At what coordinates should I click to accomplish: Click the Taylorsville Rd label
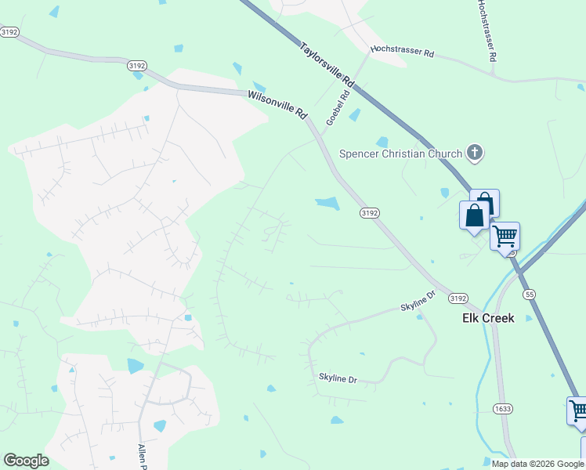point(327,64)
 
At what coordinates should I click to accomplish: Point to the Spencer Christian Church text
point(400,154)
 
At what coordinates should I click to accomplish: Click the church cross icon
point(474,154)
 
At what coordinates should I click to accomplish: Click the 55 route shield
point(530,294)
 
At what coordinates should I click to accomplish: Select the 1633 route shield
point(503,408)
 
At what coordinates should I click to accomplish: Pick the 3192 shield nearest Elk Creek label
point(459,298)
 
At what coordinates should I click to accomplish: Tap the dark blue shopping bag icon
point(475,215)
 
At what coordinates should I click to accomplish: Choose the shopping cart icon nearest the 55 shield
point(505,235)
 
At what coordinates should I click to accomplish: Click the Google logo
point(26,461)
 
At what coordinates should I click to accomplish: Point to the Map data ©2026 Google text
point(537,463)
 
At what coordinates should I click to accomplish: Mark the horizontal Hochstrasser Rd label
point(402,51)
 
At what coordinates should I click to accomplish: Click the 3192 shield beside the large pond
point(370,213)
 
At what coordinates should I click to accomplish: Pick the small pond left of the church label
point(382,142)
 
